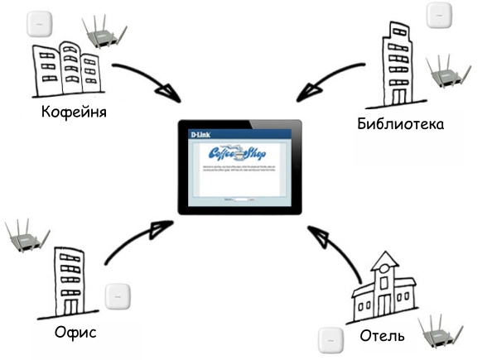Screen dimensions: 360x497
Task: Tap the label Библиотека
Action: [400, 124]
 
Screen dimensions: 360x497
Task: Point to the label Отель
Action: [382, 336]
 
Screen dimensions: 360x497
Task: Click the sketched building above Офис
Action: [71, 281]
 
